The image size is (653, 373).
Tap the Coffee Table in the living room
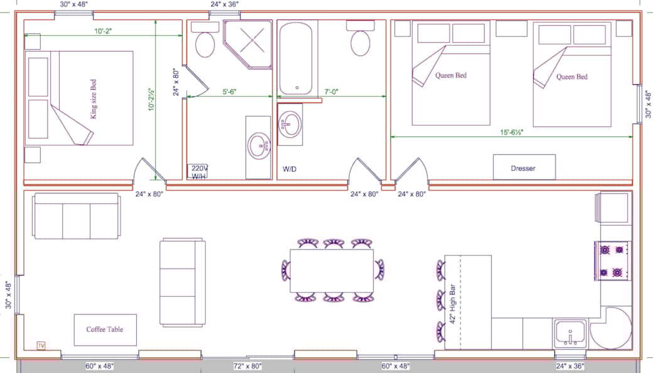click(105, 330)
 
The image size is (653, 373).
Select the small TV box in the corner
click(41, 345)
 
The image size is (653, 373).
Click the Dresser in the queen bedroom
click(524, 168)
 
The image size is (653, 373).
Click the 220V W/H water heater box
click(199, 172)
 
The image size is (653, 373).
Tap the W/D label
click(289, 169)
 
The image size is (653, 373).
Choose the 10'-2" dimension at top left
click(104, 30)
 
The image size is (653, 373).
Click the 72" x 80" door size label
click(247, 365)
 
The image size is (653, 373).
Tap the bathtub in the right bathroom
click(298, 58)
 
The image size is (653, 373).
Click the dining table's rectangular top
click(332, 270)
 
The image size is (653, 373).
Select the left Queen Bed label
click(451, 75)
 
